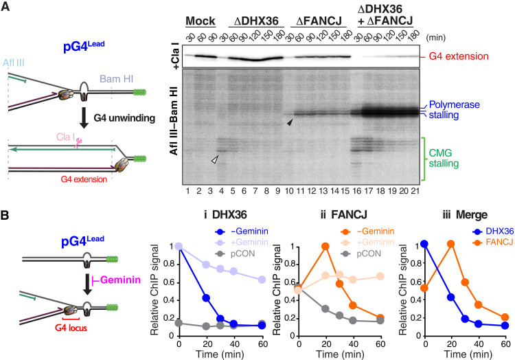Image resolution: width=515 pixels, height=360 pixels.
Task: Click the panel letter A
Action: [6, 7]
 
